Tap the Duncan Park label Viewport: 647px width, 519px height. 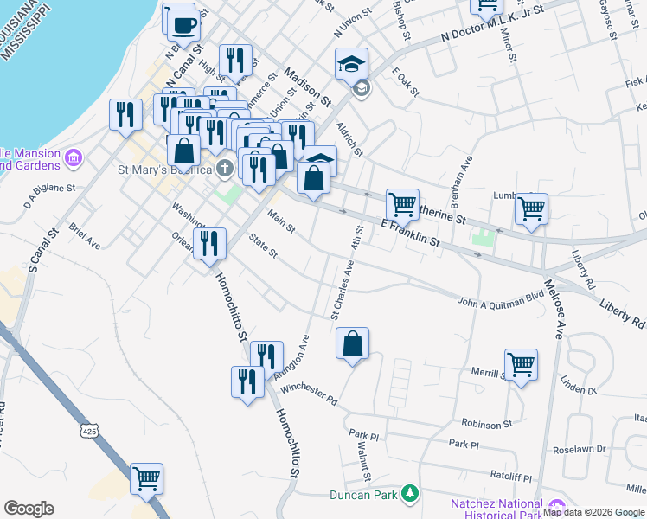(x=362, y=495)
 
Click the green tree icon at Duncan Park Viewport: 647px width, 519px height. (x=412, y=495)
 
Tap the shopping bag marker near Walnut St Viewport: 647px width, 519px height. (x=353, y=343)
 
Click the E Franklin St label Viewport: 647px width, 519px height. (x=410, y=234)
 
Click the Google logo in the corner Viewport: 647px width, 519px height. (x=29, y=508)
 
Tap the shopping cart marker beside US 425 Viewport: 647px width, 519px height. (x=146, y=478)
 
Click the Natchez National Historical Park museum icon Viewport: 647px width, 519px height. (x=555, y=506)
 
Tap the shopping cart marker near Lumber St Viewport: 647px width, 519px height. (x=531, y=208)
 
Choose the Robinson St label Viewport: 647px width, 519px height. (x=487, y=425)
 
